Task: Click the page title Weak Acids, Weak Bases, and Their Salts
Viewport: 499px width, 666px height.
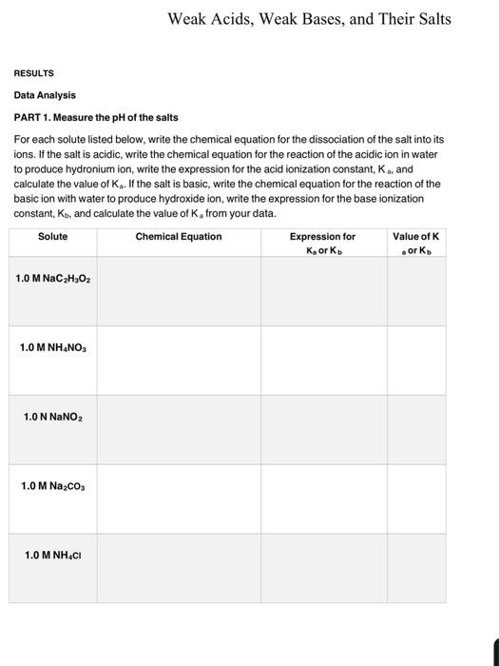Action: tap(309, 19)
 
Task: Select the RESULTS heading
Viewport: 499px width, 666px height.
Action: tap(33, 73)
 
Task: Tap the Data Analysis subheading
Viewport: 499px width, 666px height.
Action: tap(45, 95)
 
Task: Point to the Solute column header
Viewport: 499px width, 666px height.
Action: tap(53, 236)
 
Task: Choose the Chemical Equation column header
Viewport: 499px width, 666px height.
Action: tap(179, 236)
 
